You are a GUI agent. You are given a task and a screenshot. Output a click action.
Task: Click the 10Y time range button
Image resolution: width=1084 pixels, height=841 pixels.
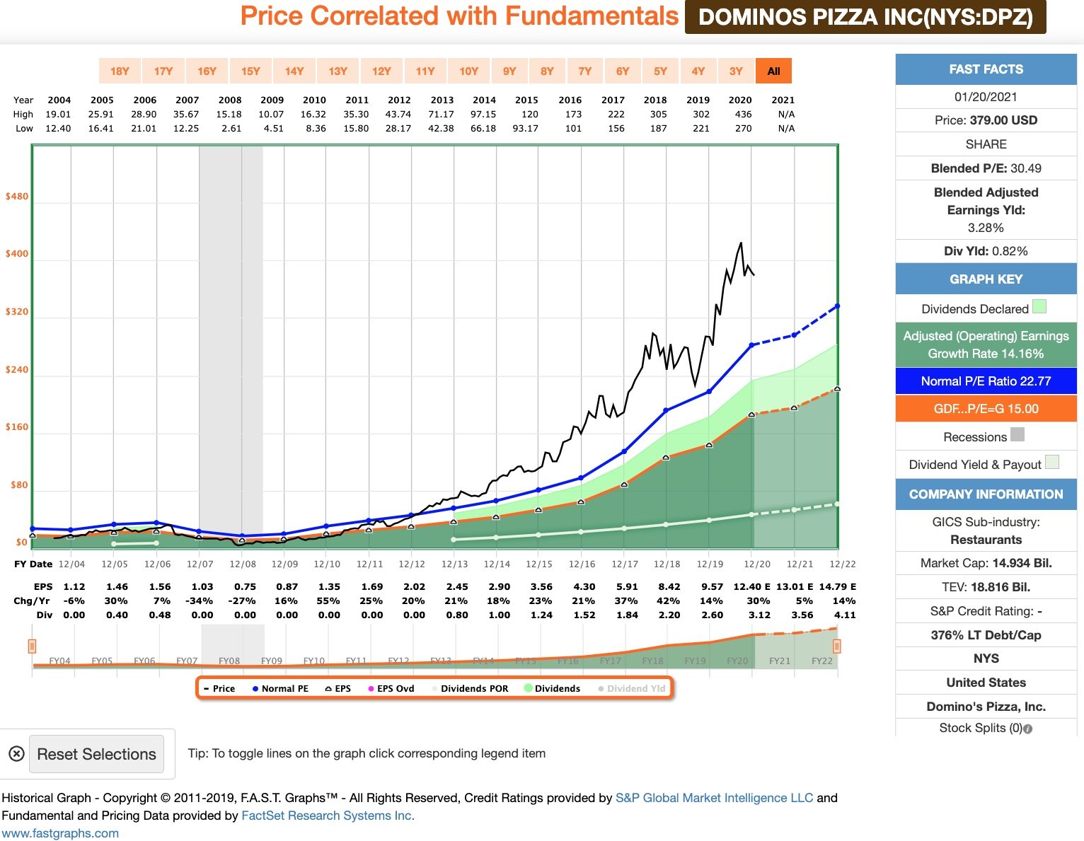(468, 71)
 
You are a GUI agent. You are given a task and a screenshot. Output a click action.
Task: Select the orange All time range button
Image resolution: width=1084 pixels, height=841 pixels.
(773, 71)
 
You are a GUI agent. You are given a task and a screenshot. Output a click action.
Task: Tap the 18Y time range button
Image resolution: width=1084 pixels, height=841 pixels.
(120, 71)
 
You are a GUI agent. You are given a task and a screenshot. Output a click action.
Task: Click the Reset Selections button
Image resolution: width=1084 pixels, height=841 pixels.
(96, 754)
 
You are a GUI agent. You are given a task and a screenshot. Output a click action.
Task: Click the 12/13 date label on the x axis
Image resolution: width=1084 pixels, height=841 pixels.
(454, 564)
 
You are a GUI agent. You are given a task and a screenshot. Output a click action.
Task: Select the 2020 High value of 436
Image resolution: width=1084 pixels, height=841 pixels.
(743, 114)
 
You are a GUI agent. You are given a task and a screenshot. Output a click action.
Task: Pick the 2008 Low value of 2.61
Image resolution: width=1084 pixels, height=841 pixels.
(231, 128)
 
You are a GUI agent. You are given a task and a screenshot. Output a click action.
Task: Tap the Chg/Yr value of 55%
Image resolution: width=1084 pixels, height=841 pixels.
(328, 601)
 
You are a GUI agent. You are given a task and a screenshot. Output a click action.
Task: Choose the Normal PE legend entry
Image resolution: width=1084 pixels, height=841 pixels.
(280, 688)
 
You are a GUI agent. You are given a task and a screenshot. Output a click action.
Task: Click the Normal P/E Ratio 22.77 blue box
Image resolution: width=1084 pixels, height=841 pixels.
(986, 381)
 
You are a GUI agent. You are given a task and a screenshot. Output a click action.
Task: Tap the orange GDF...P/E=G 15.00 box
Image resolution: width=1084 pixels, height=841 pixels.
(986, 409)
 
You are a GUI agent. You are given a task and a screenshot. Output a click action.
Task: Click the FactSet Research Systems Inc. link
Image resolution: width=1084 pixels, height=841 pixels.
(328, 816)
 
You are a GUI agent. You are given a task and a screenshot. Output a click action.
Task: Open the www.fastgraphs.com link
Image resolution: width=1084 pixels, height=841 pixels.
(60, 833)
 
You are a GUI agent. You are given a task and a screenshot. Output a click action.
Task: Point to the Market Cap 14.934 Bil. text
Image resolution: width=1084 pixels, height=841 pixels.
(986, 563)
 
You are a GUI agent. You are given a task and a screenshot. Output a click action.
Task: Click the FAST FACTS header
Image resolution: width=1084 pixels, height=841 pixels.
(986, 69)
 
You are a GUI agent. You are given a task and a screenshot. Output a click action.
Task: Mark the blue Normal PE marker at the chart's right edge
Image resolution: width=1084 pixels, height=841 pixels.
(838, 306)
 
